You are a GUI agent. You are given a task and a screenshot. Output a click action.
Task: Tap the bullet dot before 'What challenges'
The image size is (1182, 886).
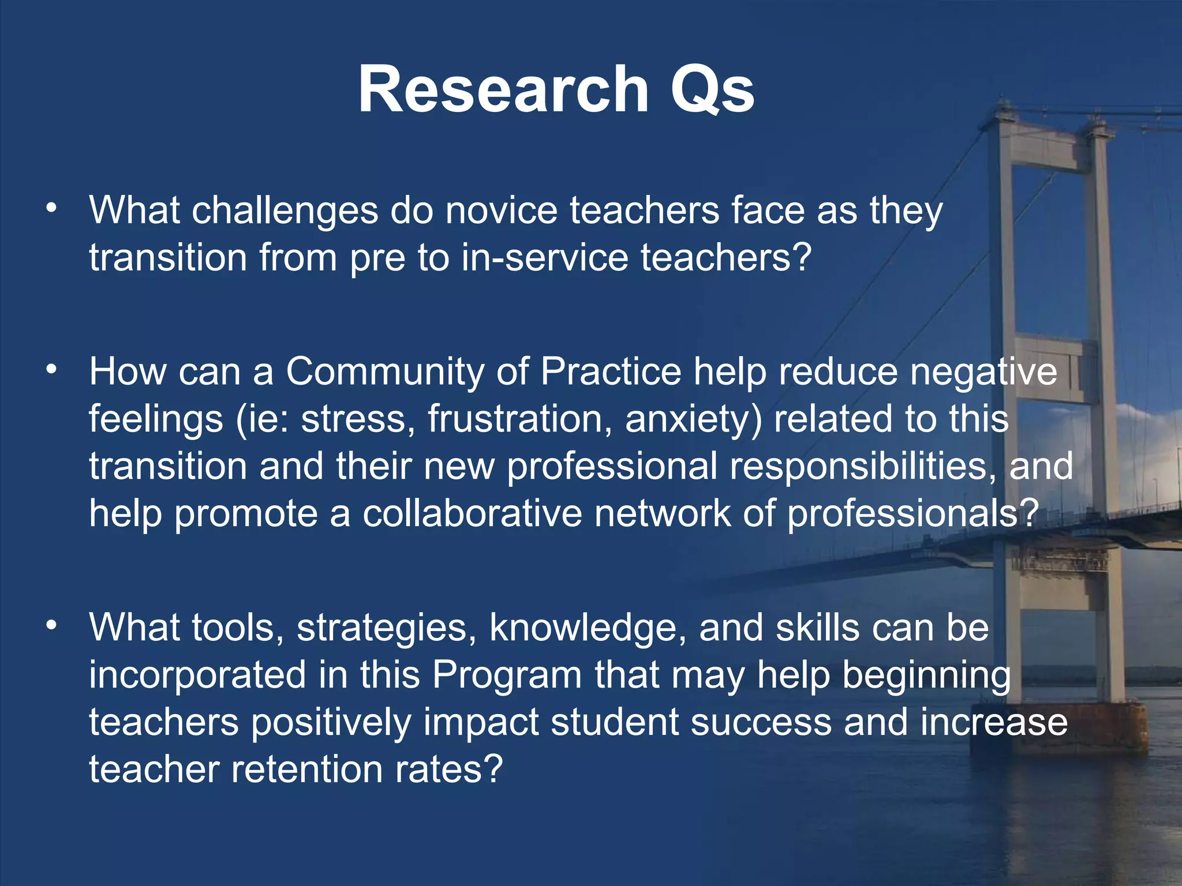coord(52,208)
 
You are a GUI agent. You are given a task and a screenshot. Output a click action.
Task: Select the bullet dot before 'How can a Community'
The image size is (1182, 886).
coord(52,369)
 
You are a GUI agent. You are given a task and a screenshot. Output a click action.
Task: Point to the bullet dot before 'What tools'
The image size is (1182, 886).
coord(52,625)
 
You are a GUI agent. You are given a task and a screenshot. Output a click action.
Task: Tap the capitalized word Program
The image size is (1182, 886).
coord(507,675)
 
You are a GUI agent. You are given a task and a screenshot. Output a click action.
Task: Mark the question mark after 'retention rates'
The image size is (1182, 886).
coord(492,769)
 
